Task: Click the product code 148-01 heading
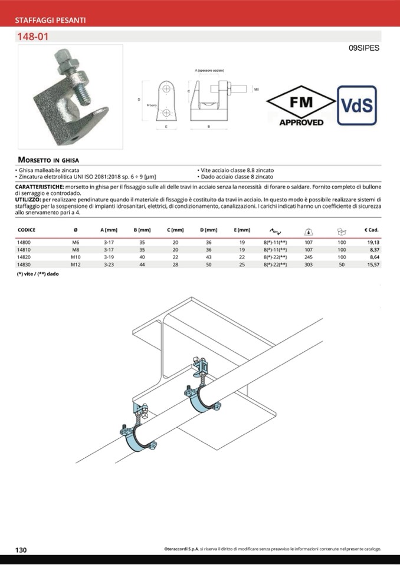[33, 37]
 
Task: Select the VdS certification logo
[357, 105]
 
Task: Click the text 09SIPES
[364, 48]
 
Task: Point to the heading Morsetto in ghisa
[48, 160]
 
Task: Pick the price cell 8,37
[372, 250]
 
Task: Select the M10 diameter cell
[75, 257]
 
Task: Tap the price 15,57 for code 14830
[372, 265]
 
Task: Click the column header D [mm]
[209, 230]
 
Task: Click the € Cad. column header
[371, 230]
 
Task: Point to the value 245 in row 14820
[308, 257]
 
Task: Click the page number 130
[21, 550]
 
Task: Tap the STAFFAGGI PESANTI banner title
[50, 20]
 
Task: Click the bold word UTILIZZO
[28, 200]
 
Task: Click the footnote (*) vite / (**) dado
[38, 275]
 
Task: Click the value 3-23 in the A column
[109, 265]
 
